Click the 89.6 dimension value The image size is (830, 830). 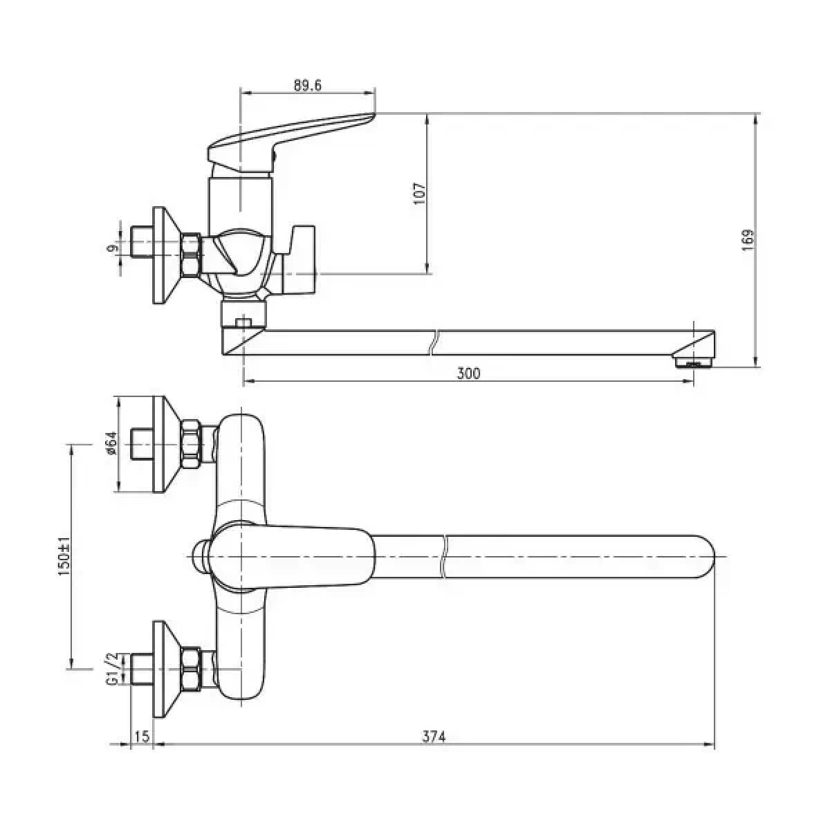(308, 85)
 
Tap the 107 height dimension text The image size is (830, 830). (420, 194)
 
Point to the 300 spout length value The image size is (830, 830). (468, 373)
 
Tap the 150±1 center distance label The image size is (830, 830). (65, 557)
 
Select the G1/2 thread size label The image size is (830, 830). (111, 674)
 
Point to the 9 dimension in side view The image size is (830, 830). (113, 248)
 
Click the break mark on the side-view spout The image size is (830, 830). (434, 343)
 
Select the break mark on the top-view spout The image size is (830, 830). (444, 557)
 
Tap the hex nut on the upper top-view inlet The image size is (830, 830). (191, 443)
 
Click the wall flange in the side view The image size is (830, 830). (167, 255)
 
